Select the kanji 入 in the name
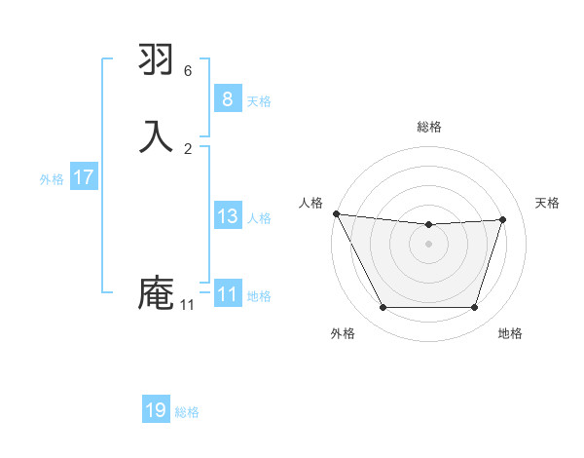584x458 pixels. (x=157, y=134)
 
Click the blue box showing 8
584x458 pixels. (x=227, y=99)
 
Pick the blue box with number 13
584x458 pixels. (x=227, y=216)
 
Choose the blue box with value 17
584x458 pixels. (x=83, y=177)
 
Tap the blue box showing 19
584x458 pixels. (x=156, y=410)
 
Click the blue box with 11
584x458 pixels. (x=227, y=294)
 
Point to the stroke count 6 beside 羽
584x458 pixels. (x=188, y=71)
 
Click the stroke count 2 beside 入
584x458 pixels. (x=188, y=149)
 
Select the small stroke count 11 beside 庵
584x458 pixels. (x=187, y=305)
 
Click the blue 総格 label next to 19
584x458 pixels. (x=187, y=412)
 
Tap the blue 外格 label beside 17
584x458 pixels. (x=52, y=179)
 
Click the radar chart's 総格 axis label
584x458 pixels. (x=429, y=127)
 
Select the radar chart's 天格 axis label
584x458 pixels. (x=547, y=203)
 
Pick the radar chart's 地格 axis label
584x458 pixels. (x=510, y=333)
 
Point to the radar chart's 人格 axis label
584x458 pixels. (x=311, y=203)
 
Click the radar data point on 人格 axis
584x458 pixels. (x=336, y=213)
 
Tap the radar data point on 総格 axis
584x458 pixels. (x=429, y=225)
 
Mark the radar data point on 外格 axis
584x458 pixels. (x=383, y=308)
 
